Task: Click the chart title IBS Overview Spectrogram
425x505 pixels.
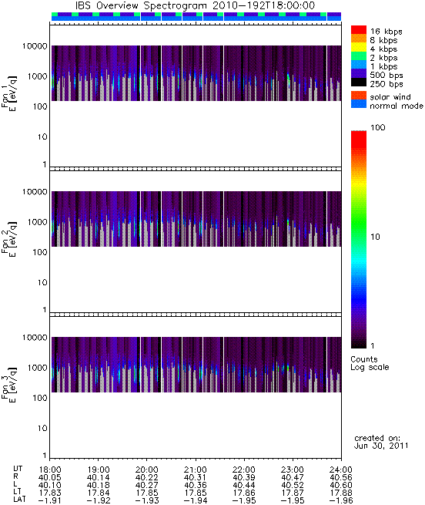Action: click(x=141, y=5)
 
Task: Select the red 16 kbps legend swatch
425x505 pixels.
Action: click(x=359, y=30)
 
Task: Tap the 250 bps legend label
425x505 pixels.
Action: click(x=387, y=84)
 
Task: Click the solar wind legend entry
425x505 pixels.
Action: click(x=390, y=97)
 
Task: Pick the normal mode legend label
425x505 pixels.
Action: click(x=397, y=106)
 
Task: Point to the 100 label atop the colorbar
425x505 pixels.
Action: click(x=378, y=127)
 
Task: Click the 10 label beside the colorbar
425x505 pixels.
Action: click(x=375, y=237)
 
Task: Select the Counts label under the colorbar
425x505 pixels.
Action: click(x=364, y=359)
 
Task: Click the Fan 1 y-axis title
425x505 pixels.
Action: click(x=9, y=93)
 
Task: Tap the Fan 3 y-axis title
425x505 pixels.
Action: click(x=9, y=384)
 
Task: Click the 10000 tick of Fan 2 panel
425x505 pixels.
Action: click(x=35, y=192)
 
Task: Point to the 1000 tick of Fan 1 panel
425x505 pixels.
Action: click(x=37, y=76)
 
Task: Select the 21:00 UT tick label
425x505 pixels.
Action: click(x=196, y=470)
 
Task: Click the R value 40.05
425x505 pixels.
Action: click(x=49, y=477)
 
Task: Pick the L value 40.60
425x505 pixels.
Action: click(x=341, y=485)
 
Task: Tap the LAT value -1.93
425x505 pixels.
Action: click(x=147, y=500)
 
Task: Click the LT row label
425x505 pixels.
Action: click(x=18, y=493)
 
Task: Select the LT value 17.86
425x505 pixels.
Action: click(x=243, y=493)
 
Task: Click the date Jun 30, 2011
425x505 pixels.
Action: click(x=381, y=446)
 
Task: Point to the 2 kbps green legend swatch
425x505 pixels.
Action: click(x=359, y=56)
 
